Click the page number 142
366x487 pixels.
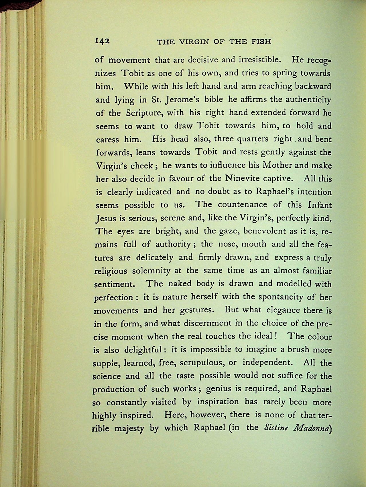pyautogui.click(x=102, y=41)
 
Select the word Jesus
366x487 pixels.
pyautogui.click(x=105, y=219)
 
